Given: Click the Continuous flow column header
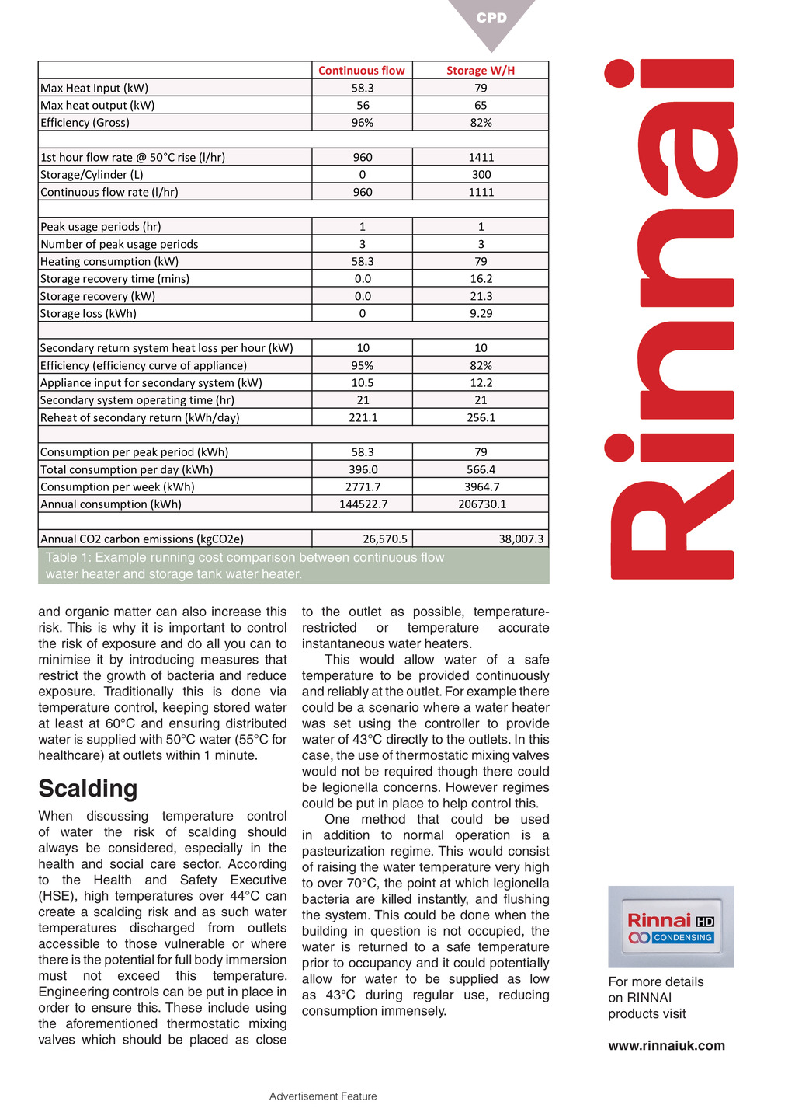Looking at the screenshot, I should pos(362,71).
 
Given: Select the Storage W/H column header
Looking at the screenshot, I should pos(481,71).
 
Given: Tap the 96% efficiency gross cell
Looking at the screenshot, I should pos(363,123).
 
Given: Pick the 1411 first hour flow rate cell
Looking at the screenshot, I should pos(481,157).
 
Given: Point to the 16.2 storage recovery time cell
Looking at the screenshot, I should pos(481,279).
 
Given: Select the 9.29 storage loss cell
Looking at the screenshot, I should pos(481,314).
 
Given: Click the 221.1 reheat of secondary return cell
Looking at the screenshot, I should pos(363,418).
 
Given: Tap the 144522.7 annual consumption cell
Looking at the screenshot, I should pos(363,504).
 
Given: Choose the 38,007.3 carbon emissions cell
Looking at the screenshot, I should pos(521,539).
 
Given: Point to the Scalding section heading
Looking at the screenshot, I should pos(88,789).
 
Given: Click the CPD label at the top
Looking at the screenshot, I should pos(491,18).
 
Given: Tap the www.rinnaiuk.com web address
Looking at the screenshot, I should pos(666,1046).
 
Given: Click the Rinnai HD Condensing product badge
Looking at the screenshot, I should pos(671,927).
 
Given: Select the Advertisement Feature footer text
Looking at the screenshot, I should pos(323,1096).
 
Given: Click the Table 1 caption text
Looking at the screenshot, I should pos(245,566).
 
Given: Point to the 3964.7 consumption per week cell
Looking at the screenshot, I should pos(481,487).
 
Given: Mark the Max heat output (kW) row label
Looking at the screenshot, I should pos(98,106).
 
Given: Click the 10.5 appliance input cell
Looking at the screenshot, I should pos(363,383).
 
